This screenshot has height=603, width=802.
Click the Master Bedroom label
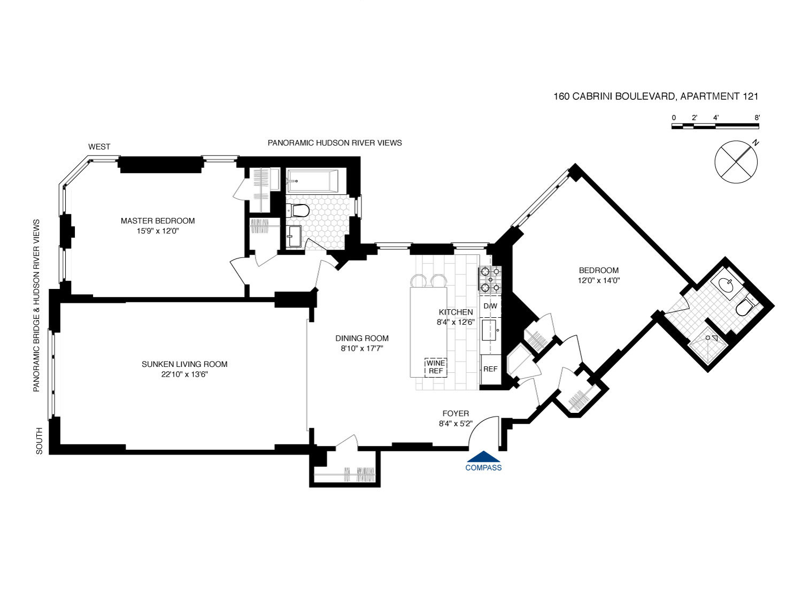click(x=157, y=221)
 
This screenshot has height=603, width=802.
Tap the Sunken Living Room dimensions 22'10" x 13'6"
click(x=184, y=374)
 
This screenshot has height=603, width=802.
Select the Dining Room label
click(x=362, y=338)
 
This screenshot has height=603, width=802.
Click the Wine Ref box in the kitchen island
click(x=436, y=367)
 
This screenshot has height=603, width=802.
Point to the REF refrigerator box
click(x=490, y=369)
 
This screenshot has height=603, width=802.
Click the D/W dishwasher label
click(x=490, y=306)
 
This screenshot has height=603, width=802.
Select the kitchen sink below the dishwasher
click(x=490, y=330)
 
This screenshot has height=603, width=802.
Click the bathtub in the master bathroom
click(x=312, y=181)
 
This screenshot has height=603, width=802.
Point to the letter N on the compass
click(x=755, y=143)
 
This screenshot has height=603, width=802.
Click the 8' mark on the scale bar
click(x=757, y=118)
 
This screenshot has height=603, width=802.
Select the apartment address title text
click(x=656, y=97)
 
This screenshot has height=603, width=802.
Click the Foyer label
click(x=456, y=413)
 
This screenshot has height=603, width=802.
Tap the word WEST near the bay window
click(x=99, y=146)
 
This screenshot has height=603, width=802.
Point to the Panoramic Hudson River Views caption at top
click(x=335, y=143)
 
